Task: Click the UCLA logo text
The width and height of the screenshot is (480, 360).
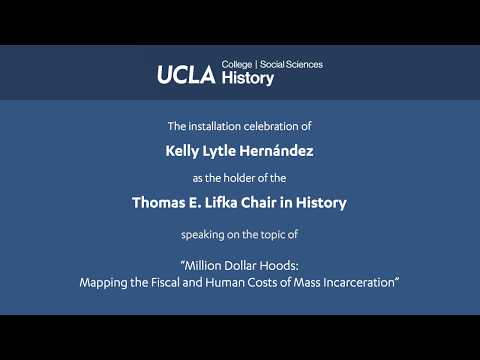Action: [186, 74]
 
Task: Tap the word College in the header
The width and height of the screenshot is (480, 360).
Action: [237, 64]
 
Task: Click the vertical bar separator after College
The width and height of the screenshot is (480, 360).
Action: [256, 64]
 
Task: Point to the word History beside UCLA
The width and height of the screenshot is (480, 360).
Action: [248, 78]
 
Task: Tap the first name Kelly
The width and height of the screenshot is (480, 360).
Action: [182, 151]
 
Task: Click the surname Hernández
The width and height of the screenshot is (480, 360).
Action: [276, 151]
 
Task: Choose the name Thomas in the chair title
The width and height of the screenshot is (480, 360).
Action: [159, 203]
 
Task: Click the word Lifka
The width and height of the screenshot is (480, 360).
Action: [221, 202]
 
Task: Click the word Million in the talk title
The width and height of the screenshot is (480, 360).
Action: [203, 266]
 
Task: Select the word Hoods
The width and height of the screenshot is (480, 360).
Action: [279, 266]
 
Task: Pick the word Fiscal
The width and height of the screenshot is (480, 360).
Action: [165, 282]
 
